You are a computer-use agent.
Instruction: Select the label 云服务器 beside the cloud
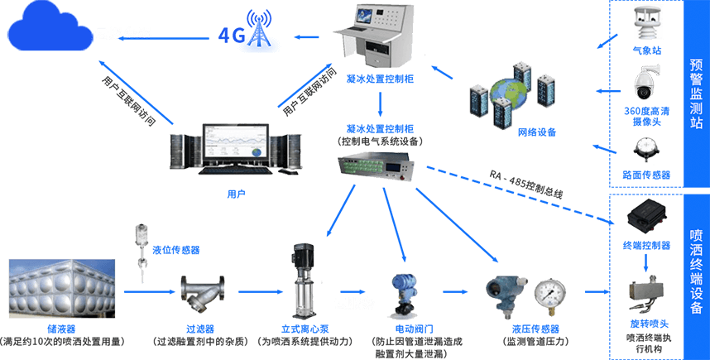click(x=123, y=34)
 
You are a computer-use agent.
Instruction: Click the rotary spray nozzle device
click(x=648, y=294)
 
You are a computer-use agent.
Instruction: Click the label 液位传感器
click(x=175, y=249)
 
